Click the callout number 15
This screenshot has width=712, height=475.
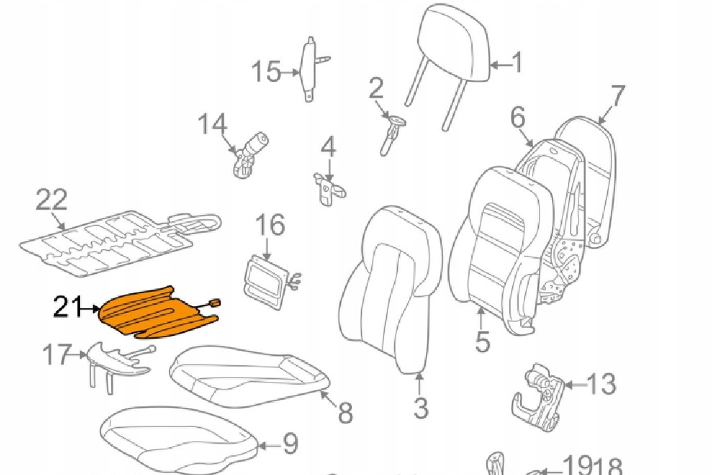coord(266,71)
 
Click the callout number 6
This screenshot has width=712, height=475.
coord(518,118)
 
